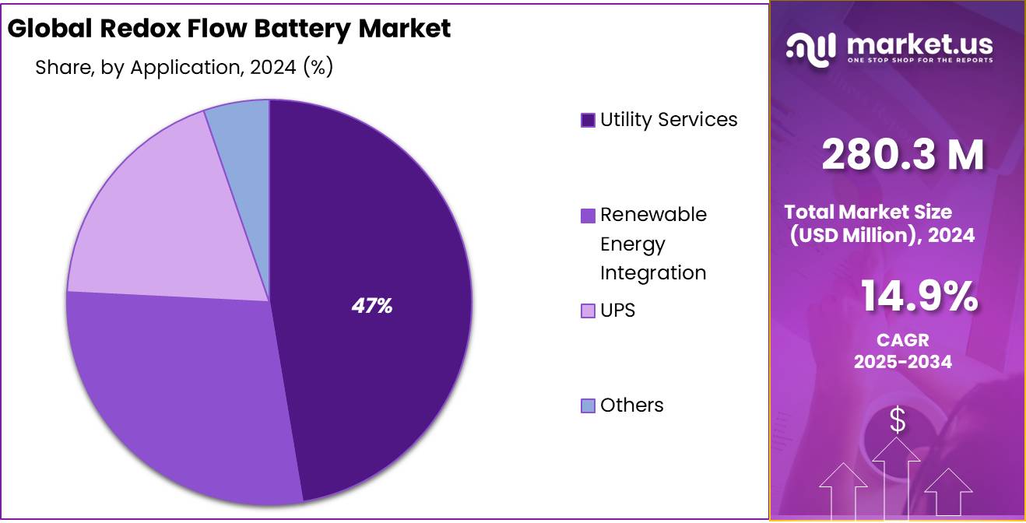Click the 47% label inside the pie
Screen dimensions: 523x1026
pos(371,306)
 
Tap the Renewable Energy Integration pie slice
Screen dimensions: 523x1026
pos(179,389)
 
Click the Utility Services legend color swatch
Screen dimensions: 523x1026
pos(588,120)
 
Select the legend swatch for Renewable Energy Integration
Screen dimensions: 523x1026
pos(588,215)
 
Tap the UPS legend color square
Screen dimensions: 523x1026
pos(588,311)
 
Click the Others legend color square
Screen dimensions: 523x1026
pos(588,405)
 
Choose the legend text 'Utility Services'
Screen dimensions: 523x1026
pos(669,120)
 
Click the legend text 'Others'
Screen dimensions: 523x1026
pos(631,405)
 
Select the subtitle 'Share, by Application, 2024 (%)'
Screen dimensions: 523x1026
pos(184,68)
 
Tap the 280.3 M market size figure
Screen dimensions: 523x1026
pos(902,156)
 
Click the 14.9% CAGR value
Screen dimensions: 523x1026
pos(919,297)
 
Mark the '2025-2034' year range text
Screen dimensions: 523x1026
pos(902,362)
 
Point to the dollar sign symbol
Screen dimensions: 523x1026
pos(898,421)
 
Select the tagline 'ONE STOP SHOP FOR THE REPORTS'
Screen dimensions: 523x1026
pos(919,61)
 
